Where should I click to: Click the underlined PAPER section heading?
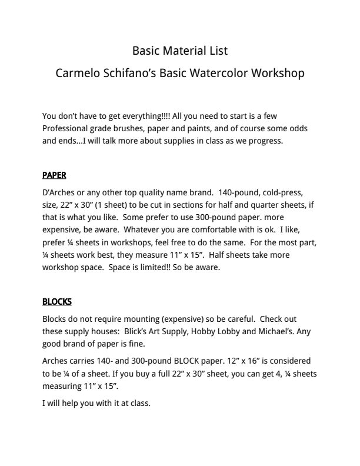coord(54,175)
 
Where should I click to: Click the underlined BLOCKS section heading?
coord(57,302)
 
